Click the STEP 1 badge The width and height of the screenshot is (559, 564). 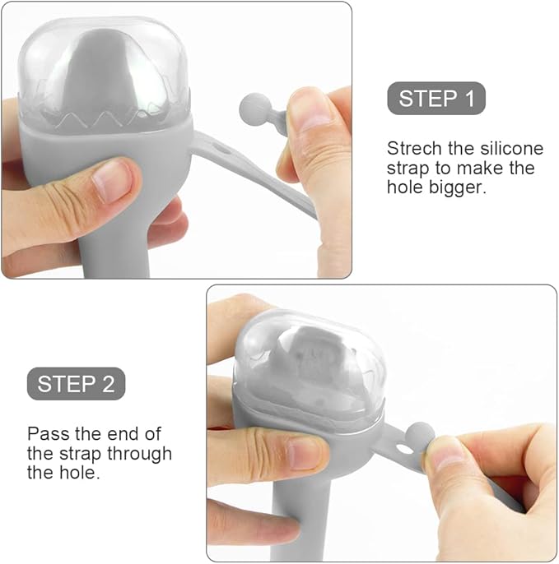[x=436, y=98]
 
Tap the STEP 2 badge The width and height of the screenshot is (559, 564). [x=76, y=383]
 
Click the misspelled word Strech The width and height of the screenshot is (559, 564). [x=414, y=148]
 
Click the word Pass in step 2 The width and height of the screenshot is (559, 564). [x=48, y=434]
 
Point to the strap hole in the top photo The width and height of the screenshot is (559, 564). [x=219, y=147]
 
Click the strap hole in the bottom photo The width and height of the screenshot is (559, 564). [x=404, y=449]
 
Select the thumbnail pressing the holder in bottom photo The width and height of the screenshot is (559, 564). [x=304, y=453]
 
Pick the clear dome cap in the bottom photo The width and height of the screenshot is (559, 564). [x=310, y=364]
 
